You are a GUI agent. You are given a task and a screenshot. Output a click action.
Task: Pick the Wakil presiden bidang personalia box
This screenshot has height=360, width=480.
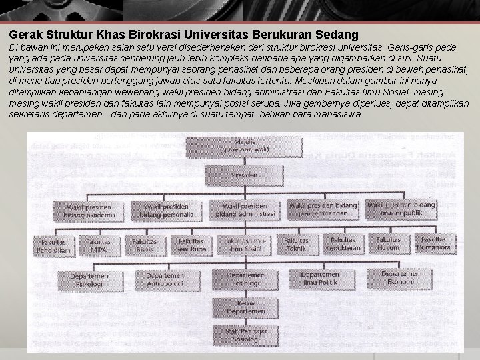pyautogui.click(x=163, y=209)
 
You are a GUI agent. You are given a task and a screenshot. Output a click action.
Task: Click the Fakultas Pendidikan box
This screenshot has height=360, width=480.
pyautogui.click(x=59, y=243)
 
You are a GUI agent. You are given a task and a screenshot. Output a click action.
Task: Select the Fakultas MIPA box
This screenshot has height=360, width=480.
pyautogui.click(x=99, y=243)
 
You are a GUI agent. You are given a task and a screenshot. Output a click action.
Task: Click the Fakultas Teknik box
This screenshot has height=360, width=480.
pyautogui.click(x=295, y=243)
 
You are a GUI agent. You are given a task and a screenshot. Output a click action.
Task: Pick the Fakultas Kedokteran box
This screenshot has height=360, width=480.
pyautogui.click(x=343, y=243)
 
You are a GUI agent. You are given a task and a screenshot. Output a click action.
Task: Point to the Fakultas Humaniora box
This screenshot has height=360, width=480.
pyautogui.click(x=435, y=243)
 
